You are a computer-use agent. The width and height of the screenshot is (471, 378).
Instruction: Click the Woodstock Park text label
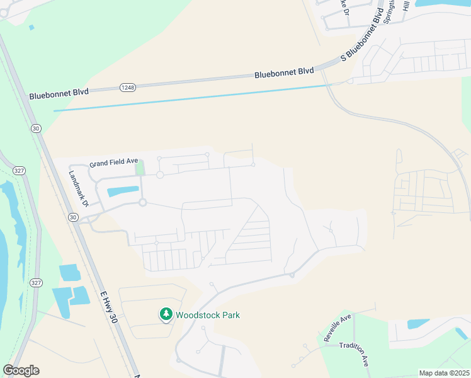click(207, 315)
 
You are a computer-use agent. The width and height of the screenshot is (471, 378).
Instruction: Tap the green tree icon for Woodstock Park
click(166, 314)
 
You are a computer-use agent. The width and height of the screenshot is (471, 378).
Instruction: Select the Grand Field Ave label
click(113, 162)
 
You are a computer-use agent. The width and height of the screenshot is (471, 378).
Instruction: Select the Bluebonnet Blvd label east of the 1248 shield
click(284, 73)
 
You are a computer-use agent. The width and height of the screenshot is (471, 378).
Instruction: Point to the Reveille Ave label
click(337, 328)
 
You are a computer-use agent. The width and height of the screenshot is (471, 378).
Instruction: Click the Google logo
click(21, 370)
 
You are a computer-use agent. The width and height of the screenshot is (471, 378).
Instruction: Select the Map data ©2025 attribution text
click(444, 373)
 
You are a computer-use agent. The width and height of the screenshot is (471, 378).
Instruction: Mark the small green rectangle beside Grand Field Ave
click(140, 168)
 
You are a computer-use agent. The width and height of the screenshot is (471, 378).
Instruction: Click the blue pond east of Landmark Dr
click(122, 191)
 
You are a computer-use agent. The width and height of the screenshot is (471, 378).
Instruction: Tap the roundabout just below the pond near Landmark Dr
click(143, 202)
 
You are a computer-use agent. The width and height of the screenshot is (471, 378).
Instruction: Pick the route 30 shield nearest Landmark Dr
click(73, 217)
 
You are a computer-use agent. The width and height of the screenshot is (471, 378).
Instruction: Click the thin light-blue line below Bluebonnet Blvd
click(189, 98)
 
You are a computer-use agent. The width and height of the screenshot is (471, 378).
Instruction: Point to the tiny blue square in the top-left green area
click(31, 27)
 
